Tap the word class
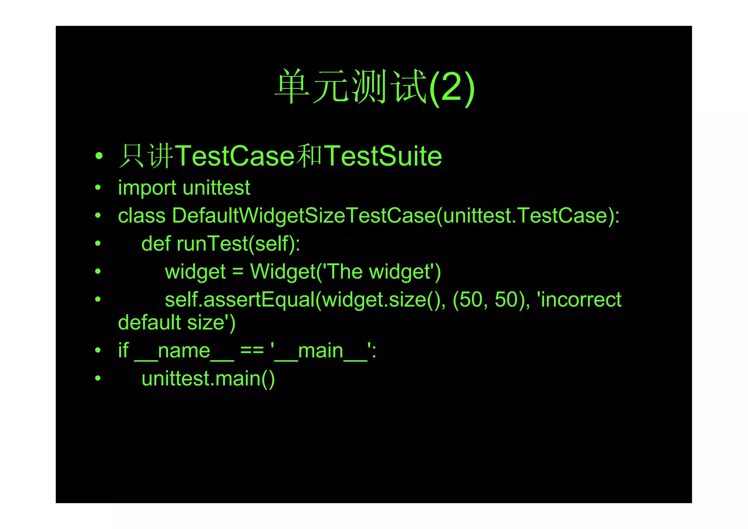point(142,216)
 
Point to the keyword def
point(156,244)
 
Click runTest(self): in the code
point(238,244)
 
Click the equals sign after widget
point(238,272)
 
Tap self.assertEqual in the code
point(240,300)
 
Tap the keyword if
point(123,351)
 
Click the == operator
point(252,351)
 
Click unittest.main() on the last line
point(208,379)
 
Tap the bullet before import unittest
point(98,188)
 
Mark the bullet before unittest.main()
point(98,378)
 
